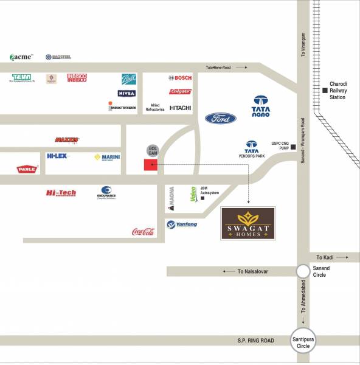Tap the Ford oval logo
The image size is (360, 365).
pyautogui.click(x=220, y=119)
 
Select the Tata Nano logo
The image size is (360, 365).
pyautogui.click(x=261, y=106)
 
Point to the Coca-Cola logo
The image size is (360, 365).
pyautogui.click(x=144, y=232)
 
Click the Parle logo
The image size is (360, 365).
pyautogui.click(x=27, y=169)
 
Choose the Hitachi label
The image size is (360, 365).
pyautogui.click(x=180, y=108)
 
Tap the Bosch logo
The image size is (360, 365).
pyautogui.click(x=180, y=78)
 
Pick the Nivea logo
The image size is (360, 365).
pyautogui.click(x=126, y=93)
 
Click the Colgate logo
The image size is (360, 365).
pyautogui.click(x=181, y=91)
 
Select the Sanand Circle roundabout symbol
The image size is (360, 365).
pyautogui.click(x=303, y=271)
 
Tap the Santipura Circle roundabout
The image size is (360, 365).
pyautogui.click(x=303, y=342)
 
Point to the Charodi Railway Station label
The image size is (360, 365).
pyautogui.click(x=337, y=91)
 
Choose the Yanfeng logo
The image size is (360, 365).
pyautogui.click(x=182, y=224)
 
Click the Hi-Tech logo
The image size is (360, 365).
pyautogui.click(x=61, y=193)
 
